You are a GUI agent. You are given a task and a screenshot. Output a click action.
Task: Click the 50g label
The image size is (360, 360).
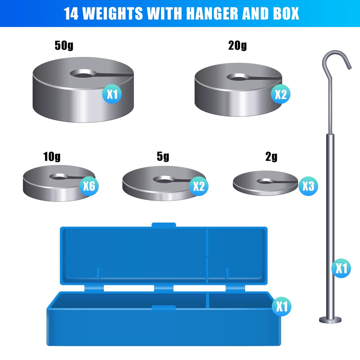(64, 45)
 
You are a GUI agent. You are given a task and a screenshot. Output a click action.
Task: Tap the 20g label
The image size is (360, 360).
(238, 45)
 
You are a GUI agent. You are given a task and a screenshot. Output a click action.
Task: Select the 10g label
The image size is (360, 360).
(52, 156)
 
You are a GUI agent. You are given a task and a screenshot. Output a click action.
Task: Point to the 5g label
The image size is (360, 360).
(163, 156)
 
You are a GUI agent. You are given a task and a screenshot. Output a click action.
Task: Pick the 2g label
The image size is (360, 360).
(271, 156)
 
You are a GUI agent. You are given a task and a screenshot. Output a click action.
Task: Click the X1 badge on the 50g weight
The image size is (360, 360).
(112, 94)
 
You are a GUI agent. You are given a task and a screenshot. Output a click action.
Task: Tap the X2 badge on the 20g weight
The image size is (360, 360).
(281, 94)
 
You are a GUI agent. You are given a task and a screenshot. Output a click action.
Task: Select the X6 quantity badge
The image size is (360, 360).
(89, 186)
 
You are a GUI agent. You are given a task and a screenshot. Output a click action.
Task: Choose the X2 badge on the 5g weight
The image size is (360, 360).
(199, 186)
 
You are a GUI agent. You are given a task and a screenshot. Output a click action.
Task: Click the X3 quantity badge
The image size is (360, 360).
(308, 186)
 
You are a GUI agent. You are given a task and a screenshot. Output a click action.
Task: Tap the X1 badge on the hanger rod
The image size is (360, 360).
(341, 268)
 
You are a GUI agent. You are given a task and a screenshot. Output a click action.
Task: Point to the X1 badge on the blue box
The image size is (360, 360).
(282, 306)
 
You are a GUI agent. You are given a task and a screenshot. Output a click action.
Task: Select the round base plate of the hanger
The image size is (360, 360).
(330, 320)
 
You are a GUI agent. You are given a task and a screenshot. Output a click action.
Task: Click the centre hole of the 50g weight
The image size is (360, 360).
(83, 74)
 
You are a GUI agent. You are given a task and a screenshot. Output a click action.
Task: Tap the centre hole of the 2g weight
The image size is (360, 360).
(265, 181)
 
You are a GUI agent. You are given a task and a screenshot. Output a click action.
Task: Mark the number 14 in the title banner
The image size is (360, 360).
(71, 14)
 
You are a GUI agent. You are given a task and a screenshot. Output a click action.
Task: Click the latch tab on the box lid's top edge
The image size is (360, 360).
(164, 225)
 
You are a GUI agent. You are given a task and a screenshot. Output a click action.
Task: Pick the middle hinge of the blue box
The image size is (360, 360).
(164, 288)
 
